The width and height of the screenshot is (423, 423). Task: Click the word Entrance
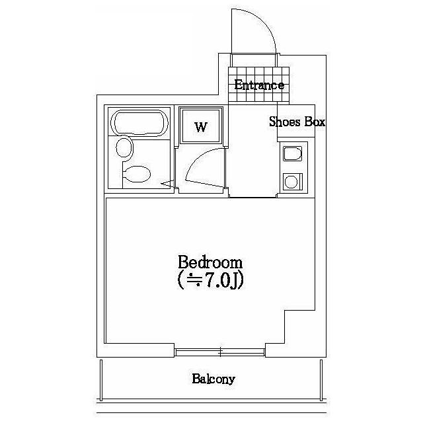(x=259, y=85)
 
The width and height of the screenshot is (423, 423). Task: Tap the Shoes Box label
(x=297, y=122)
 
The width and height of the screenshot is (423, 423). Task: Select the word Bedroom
(x=210, y=262)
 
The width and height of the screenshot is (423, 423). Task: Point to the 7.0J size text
(x=210, y=281)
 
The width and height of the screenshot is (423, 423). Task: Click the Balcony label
(x=213, y=379)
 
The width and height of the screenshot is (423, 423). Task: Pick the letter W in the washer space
(x=201, y=127)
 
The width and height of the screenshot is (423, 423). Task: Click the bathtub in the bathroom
(x=139, y=123)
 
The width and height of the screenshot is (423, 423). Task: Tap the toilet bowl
(x=137, y=174)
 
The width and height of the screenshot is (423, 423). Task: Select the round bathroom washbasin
(x=124, y=147)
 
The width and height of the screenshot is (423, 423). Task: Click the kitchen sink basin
(x=292, y=154)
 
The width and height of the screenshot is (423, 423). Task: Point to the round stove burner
(x=291, y=182)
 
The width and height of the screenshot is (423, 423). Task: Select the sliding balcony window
(x=220, y=352)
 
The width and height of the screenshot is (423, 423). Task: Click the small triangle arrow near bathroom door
(x=167, y=184)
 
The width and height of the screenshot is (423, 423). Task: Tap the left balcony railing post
(x=101, y=380)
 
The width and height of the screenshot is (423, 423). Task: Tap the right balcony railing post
(x=321, y=380)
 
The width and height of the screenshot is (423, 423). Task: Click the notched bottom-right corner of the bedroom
(x=285, y=311)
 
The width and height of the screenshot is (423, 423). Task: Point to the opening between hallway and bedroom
(x=252, y=197)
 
